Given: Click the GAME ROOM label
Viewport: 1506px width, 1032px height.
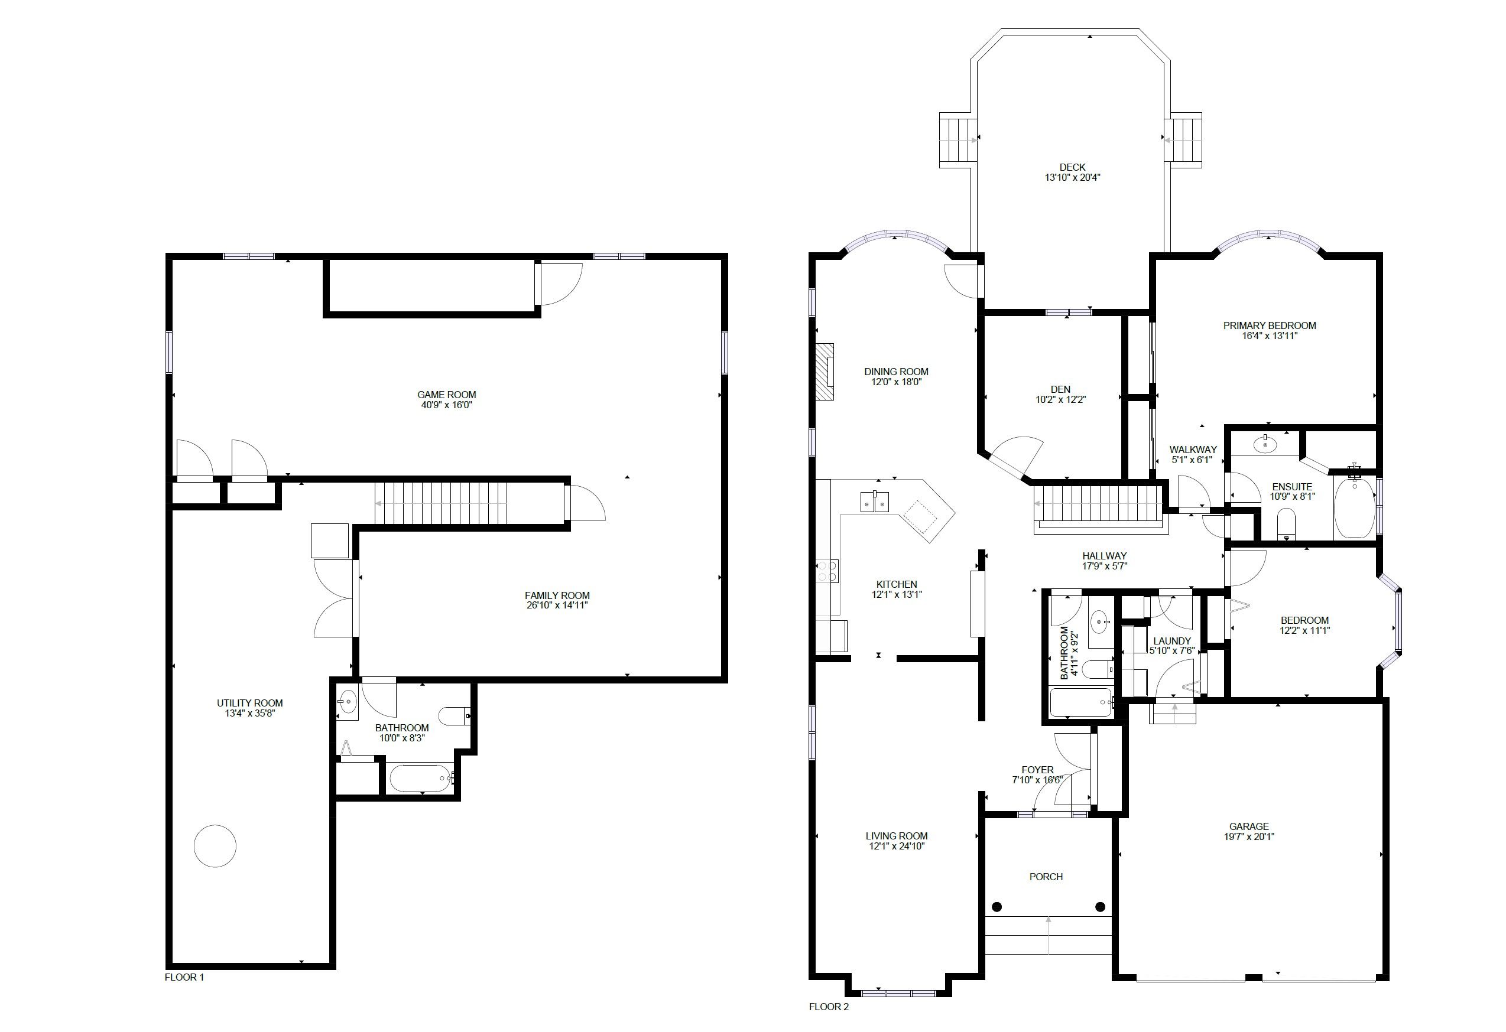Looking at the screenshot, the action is pyautogui.click(x=446, y=395).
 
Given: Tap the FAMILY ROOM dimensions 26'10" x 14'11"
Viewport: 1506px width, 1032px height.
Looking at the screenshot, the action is pyautogui.click(x=557, y=605).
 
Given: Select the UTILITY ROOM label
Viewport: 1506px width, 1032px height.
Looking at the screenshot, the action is pyautogui.click(x=249, y=703).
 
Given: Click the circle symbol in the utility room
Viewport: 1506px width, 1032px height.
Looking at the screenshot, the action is pyautogui.click(x=215, y=845).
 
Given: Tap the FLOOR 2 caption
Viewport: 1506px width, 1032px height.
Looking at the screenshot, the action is pyautogui.click(x=829, y=1007).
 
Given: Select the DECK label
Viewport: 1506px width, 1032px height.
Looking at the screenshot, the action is pyautogui.click(x=1073, y=167).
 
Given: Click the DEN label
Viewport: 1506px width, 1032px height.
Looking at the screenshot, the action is pyautogui.click(x=1061, y=389).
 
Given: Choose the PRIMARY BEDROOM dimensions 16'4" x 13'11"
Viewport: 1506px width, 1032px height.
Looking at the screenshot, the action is pyautogui.click(x=1270, y=336).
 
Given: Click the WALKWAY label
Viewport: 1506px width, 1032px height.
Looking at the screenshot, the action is pyautogui.click(x=1193, y=450).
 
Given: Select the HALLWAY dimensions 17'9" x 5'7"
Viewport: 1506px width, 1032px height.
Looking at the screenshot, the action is pyautogui.click(x=1104, y=566).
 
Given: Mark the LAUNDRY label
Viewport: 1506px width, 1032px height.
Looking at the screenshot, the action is pyautogui.click(x=1171, y=642).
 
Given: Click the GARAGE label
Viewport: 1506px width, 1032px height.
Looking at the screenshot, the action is pyautogui.click(x=1249, y=826).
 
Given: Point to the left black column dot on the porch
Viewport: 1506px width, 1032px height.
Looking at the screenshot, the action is pyautogui.click(x=997, y=907).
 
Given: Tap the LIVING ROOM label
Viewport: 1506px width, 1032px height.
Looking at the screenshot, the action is pyautogui.click(x=897, y=836).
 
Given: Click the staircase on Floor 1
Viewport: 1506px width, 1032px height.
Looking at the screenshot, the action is pyautogui.click(x=441, y=504).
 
